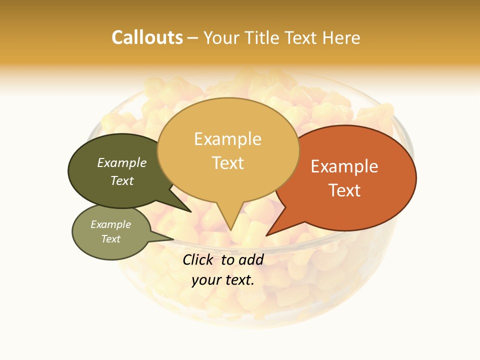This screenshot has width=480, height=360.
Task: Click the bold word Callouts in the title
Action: pyautogui.click(x=147, y=37)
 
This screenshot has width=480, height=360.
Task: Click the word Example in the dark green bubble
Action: pyautogui.click(x=122, y=162)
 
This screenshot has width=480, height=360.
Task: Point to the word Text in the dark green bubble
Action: pyautogui.click(x=122, y=180)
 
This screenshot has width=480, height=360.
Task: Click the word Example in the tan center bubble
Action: pyautogui.click(x=227, y=138)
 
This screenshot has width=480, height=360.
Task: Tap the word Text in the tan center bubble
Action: pyautogui.click(x=227, y=163)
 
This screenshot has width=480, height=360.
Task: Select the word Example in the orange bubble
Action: pyautogui.click(x=344, y=166)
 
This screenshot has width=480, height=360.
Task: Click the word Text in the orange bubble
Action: pyautogui.click(x=344, y=190)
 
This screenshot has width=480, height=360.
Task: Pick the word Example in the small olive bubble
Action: pyautogui.click(x=111, y=224)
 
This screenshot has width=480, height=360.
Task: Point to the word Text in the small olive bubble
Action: pyautogui.click(x=111, y=239)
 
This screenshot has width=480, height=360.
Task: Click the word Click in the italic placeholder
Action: pyautogui.click(x=198, y=259)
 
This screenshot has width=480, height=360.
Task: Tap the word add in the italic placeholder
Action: pyautogui.click(x=251, y=259)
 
